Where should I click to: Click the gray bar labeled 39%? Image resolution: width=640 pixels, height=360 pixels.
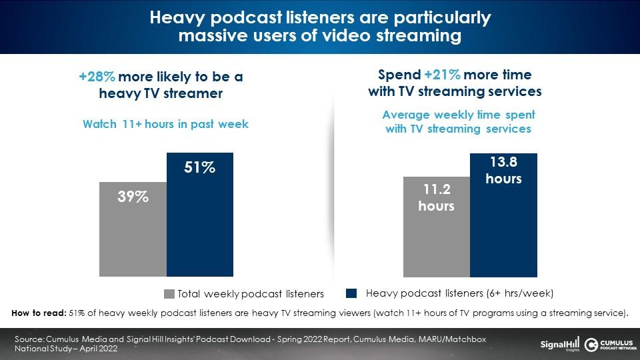[133, 229]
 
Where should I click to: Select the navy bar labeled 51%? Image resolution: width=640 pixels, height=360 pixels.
[200, 214]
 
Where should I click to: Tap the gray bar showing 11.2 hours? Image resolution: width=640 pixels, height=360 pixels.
[437, 227]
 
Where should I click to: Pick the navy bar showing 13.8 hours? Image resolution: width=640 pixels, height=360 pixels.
[504, 215]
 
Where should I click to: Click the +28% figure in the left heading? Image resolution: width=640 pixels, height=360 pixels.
[97, 77]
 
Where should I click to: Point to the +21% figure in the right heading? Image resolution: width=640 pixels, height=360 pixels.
[443, 75]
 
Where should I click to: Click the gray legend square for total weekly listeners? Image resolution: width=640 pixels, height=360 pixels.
[169, 294]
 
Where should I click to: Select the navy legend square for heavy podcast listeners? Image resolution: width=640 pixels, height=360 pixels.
[351, 293]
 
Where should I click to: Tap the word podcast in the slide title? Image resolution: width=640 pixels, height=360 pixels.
[247, 17]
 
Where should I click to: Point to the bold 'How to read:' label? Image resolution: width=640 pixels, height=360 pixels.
[39, 313]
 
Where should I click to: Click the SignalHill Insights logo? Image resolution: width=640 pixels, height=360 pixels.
[559, 345]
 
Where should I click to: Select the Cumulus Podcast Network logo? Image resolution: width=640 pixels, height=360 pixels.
[610, 345]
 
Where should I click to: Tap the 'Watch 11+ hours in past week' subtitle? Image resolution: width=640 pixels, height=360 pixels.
[165, 124]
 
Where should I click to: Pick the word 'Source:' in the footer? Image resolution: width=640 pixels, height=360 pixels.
[29, 339]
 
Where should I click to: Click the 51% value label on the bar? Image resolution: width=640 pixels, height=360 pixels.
[199, 167]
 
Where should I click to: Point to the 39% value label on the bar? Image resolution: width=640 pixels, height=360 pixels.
[133, 197]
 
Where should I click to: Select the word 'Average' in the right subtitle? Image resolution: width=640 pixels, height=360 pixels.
[406, 115]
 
